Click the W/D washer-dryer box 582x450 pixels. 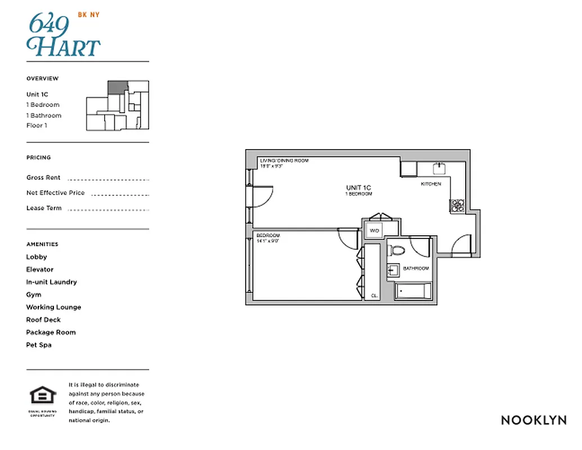tap(374, 230)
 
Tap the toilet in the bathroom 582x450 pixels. tap(398, 251)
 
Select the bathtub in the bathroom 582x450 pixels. tap(413, 291)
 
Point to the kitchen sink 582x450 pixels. tap(439, 168)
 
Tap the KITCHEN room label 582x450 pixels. tap(431, 184)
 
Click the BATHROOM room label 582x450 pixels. tap(416, 268)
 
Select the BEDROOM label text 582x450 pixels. tap(268, 235)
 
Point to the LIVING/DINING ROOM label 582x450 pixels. tap(284, 161)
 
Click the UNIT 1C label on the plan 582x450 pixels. tap(359, 187)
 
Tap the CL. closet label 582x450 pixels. tap(375, 295)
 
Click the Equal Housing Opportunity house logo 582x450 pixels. tap(43, 396)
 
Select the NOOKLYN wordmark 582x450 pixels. tap(533, 420)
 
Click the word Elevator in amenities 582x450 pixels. tap(40, 269)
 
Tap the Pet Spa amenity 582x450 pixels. tap(39, 345)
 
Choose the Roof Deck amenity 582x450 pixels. tap(43, 319)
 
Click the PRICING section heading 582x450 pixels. tap(38, 157)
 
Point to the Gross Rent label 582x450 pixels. tap(43, 178)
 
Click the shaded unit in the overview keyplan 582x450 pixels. tap(115, 87)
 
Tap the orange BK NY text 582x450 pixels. tap(88, 15)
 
